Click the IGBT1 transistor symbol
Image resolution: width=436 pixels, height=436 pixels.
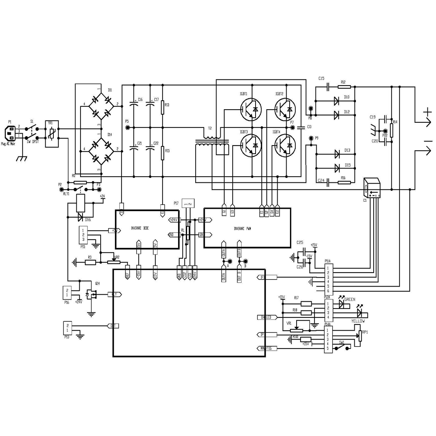[250, 110]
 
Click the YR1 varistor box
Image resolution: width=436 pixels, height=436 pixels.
[52, 134]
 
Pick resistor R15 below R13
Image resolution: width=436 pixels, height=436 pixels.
[163, 152]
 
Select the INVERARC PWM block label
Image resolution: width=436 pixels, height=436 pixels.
[243, 228]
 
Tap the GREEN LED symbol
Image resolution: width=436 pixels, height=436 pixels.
[341, 304]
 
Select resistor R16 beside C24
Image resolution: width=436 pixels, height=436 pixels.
[343, 180]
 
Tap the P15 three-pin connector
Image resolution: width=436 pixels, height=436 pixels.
[83, 235]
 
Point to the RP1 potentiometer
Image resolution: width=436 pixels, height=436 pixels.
[359, 337]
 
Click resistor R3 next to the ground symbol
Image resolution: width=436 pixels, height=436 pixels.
[90, 263]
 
